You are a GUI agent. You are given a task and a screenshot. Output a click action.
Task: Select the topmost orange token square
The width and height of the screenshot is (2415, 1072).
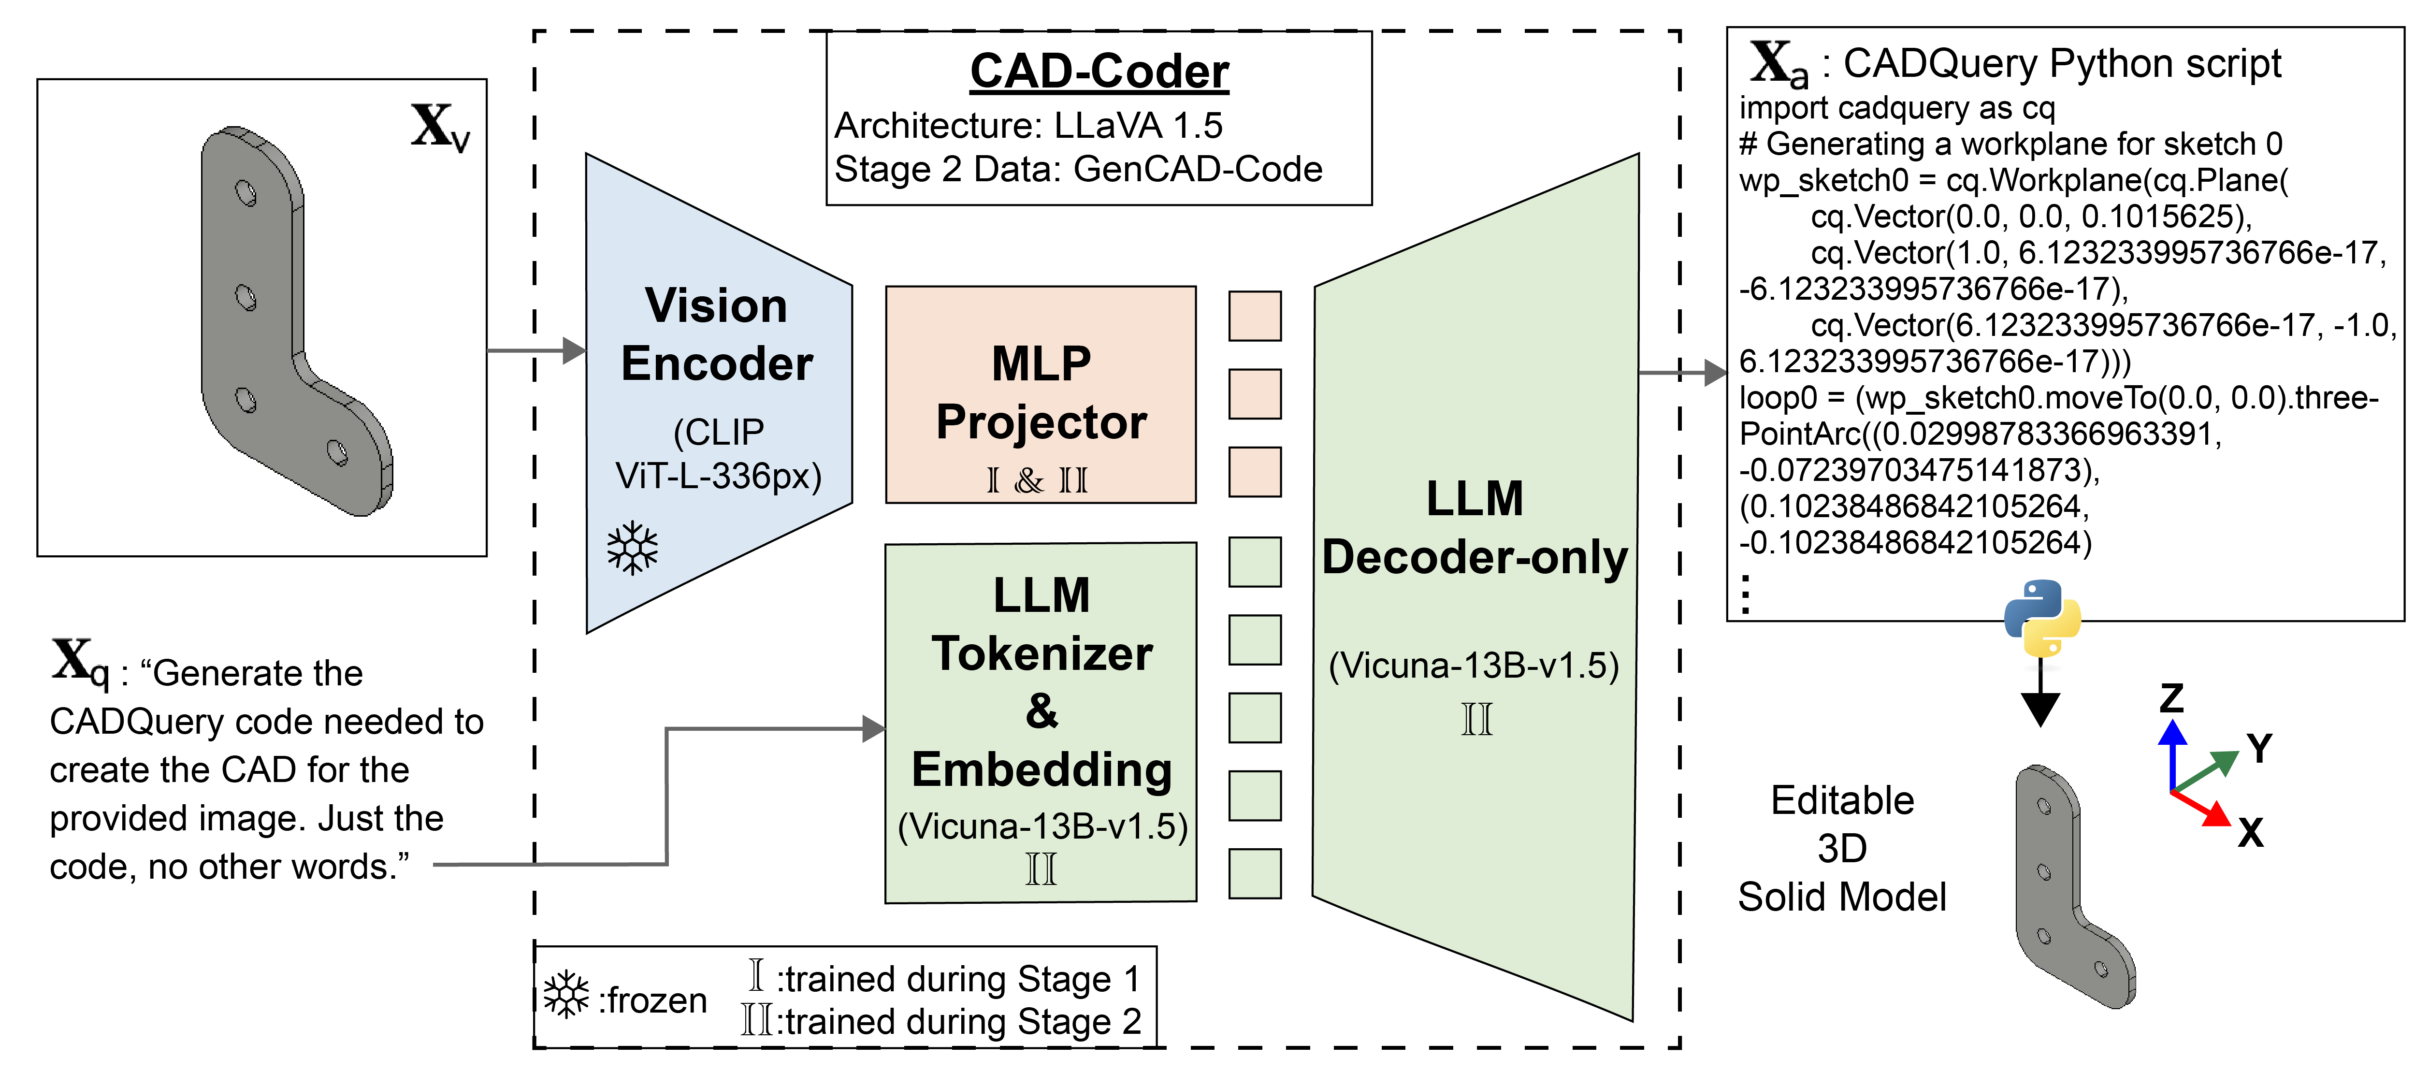(x=1254, y=316)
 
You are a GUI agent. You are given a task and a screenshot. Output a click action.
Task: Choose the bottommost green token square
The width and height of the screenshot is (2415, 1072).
(x=1254, y=873)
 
